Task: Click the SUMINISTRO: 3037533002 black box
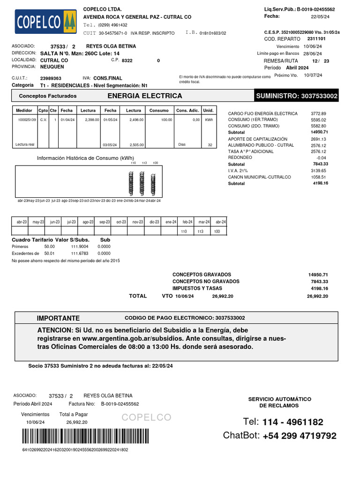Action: pyautogui.click(x=296, y=96)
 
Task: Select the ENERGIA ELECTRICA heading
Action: pyautogui.click(x=145, y=96)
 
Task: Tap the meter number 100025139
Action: pyautogui.click(x=26, y=120)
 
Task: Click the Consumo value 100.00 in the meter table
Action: pyautogui.click(x=167, y=120)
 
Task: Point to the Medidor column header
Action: pyautogui.click(x=24, y=110)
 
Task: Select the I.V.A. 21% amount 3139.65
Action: pyautogui.click(x=318, y=171)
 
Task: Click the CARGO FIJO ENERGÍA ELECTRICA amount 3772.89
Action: pyautogui.click(x=318, y=113)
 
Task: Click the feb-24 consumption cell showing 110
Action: pyautogui.click(x=184, y=232)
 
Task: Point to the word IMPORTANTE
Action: pyautogui.click(x=59, y=318)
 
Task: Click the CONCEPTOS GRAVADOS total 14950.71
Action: pyautogui.click(x=318, y=274)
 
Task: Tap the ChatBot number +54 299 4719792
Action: pyautogui.click(x=300, y=436)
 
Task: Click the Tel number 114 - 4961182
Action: pyautogui.click(x=292, y=422)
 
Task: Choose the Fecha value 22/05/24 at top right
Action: pyautogui.click(x=321, y=17)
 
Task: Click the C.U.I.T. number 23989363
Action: pyautogui.click(x=51, y=78)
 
